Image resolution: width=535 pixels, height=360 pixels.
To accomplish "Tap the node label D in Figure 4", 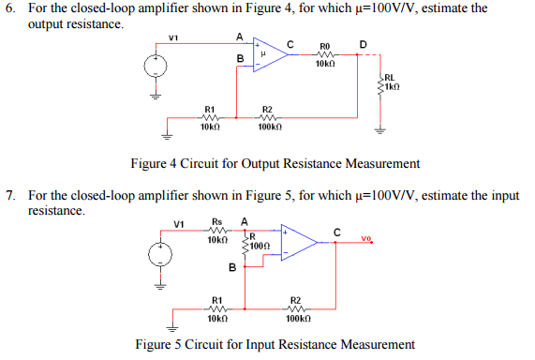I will click(363, 42).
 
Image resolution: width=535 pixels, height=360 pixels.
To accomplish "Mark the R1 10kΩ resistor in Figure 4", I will click(211, 118).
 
